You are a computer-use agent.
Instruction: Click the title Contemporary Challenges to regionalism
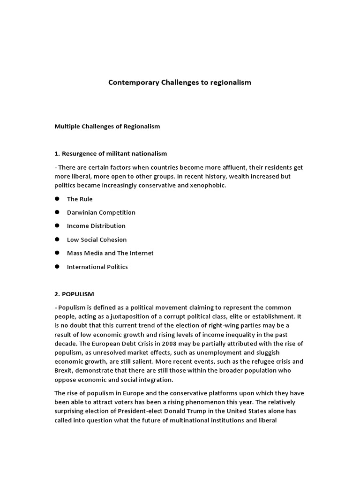coord(180,82)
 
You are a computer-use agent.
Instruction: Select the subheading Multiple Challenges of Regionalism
coord(107,127)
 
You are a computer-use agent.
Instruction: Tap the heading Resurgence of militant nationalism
coord(111,154)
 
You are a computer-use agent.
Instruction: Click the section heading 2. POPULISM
coord(75,294)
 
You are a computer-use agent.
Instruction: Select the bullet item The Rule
coord(80,199)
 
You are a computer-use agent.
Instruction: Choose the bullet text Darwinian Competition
coord(101,213)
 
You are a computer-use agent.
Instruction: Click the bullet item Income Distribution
coord(96,226)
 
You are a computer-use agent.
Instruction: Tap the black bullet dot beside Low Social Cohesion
coord(57,240)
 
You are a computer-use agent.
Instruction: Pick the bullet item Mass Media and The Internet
coord(110,253)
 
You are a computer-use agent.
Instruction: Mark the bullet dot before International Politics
coord(57,267)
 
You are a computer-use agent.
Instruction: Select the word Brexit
coord(64,371)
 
